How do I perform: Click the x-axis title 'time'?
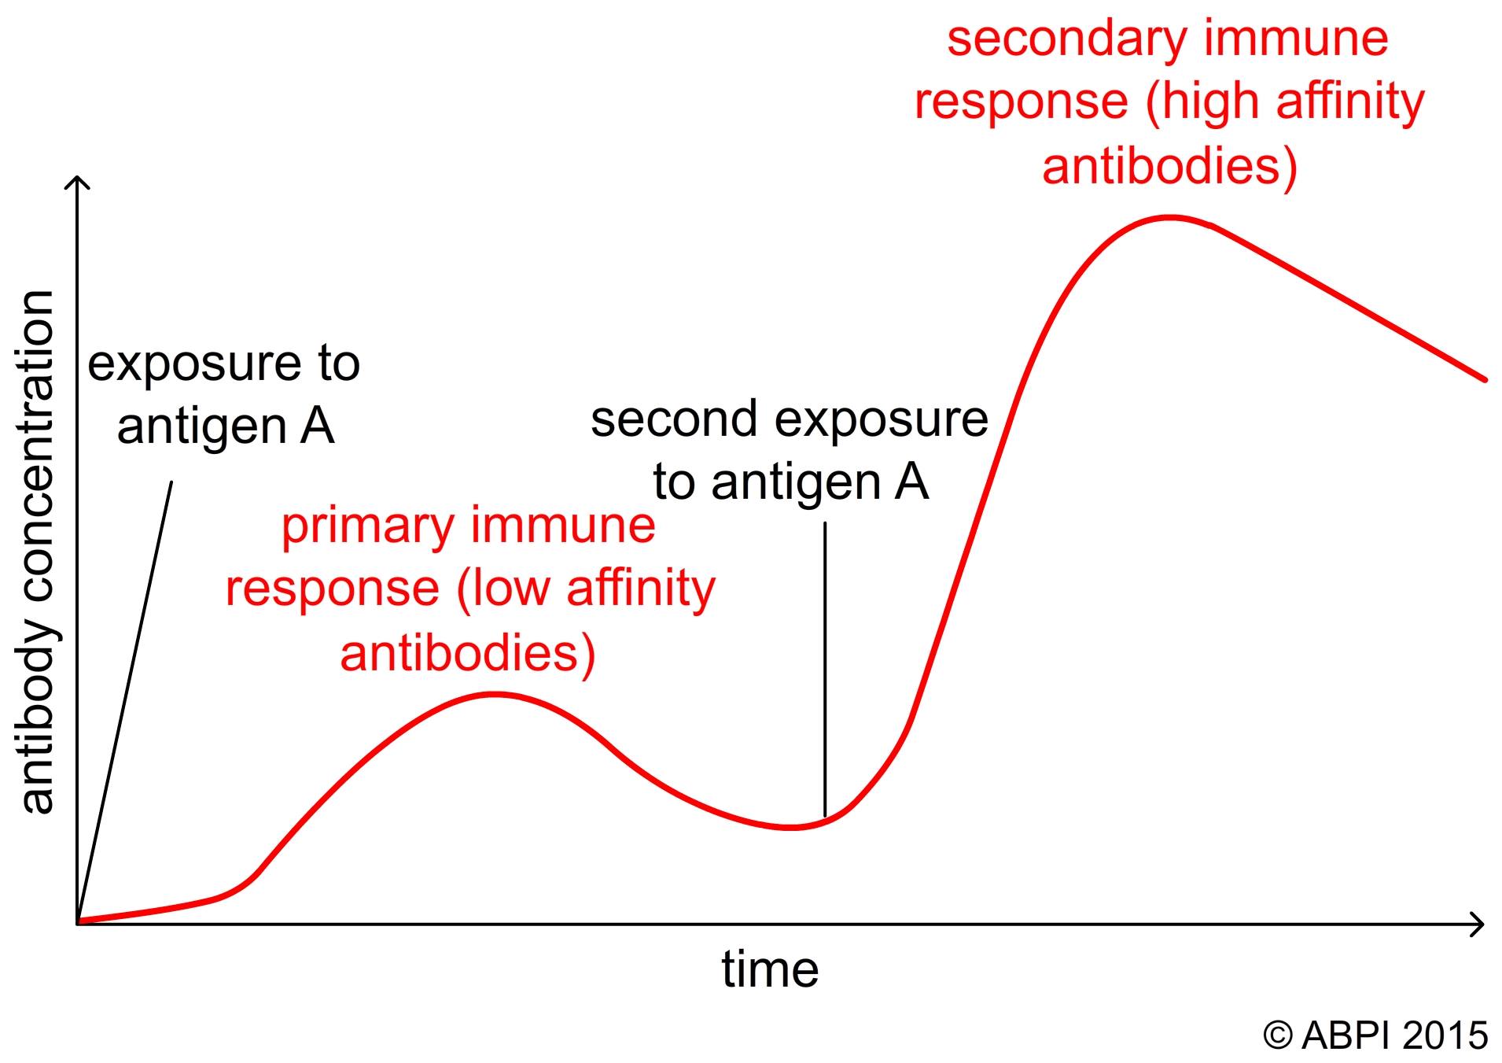click(x=770, y=969)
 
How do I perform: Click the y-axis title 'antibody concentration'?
click(x=38, y=552)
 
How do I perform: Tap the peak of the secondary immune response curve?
click(x=1170, y=217)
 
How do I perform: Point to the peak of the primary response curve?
click(x=494, y=694)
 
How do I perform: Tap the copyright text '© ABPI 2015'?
click(x=1375, y=1035)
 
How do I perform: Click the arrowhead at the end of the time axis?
click(x=1476, y=924)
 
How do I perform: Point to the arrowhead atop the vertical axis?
click(x=77, y=183)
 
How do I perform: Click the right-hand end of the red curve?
click(x=1485, y=379)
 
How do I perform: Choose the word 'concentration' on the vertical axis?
click(x=38, y=449)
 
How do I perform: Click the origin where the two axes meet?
click(x=78, y=924)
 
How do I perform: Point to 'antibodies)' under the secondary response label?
click(x=1169, y=167)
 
